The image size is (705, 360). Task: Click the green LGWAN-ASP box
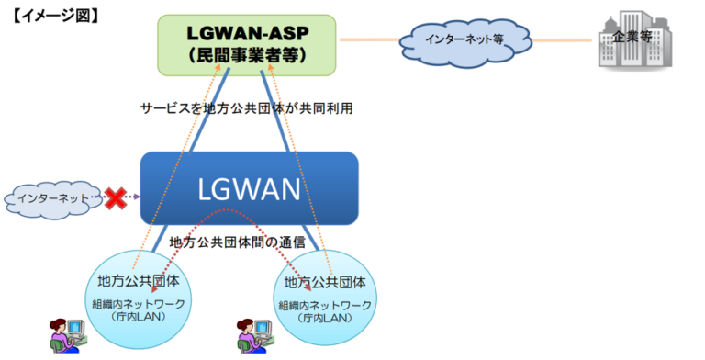248,44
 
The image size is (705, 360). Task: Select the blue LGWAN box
249,187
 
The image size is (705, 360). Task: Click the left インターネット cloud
50,197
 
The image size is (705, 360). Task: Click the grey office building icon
628,42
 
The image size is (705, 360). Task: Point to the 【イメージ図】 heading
56,16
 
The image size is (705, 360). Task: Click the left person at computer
66,335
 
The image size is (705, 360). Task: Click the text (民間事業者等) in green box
248,56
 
